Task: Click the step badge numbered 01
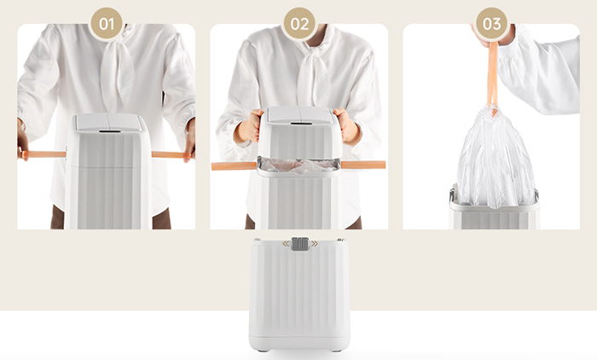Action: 107,24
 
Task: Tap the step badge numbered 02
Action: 299,24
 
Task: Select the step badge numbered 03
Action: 491,24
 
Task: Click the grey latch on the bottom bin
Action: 300,244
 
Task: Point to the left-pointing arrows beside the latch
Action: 286,244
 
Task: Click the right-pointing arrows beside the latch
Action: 314,244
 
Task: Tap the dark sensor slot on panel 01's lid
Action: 110,131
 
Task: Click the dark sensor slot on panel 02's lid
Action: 301,123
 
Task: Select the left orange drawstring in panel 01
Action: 43,154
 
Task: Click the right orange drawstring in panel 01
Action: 171,154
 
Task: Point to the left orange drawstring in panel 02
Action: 235,165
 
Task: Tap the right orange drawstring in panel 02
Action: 362,165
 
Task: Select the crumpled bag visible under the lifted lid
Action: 299,165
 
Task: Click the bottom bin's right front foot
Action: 335,350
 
